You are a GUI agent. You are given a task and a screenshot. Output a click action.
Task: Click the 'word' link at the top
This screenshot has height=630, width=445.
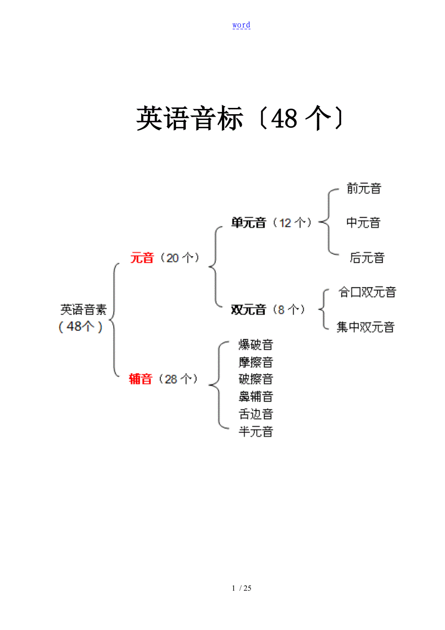(241, 25)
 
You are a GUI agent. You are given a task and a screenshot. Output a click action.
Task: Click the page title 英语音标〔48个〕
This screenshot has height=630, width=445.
(240, 118)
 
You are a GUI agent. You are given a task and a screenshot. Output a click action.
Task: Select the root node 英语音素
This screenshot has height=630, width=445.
(83, 310)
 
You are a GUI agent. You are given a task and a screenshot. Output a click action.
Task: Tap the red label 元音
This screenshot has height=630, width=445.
(142, 258)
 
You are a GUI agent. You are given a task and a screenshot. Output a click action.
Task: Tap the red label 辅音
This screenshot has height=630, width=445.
(141, 379)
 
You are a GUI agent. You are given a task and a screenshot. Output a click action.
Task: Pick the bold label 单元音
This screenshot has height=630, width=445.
(249, 223)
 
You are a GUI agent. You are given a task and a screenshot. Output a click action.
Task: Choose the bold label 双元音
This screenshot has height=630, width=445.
(249, 310)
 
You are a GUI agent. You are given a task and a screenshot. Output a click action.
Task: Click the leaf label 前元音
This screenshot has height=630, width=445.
(364, 188)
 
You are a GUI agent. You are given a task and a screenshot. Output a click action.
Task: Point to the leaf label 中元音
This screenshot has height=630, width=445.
(363, 223)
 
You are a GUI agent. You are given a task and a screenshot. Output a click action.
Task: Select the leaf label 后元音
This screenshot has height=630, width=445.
(367, 258)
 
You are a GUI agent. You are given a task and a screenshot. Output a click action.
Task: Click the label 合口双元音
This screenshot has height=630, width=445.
(367, 292)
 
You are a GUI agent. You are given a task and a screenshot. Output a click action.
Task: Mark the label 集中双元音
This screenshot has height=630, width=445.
(366, 327)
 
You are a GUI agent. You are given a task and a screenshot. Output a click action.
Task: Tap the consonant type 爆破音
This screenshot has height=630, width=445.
(256, 345)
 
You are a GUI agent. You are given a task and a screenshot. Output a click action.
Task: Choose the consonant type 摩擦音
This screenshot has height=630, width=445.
(256, 362)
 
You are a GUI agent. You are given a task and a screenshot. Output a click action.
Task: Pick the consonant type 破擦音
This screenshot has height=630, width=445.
(256, 379)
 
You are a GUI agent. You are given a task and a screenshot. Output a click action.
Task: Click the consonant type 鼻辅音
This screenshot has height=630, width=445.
(256, 396)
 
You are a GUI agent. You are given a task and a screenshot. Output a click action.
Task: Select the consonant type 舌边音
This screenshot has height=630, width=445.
(256, 414)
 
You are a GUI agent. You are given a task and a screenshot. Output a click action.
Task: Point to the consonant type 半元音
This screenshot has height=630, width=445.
(256, 431)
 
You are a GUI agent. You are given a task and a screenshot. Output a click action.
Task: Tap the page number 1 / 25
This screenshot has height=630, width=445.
(242, 588)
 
